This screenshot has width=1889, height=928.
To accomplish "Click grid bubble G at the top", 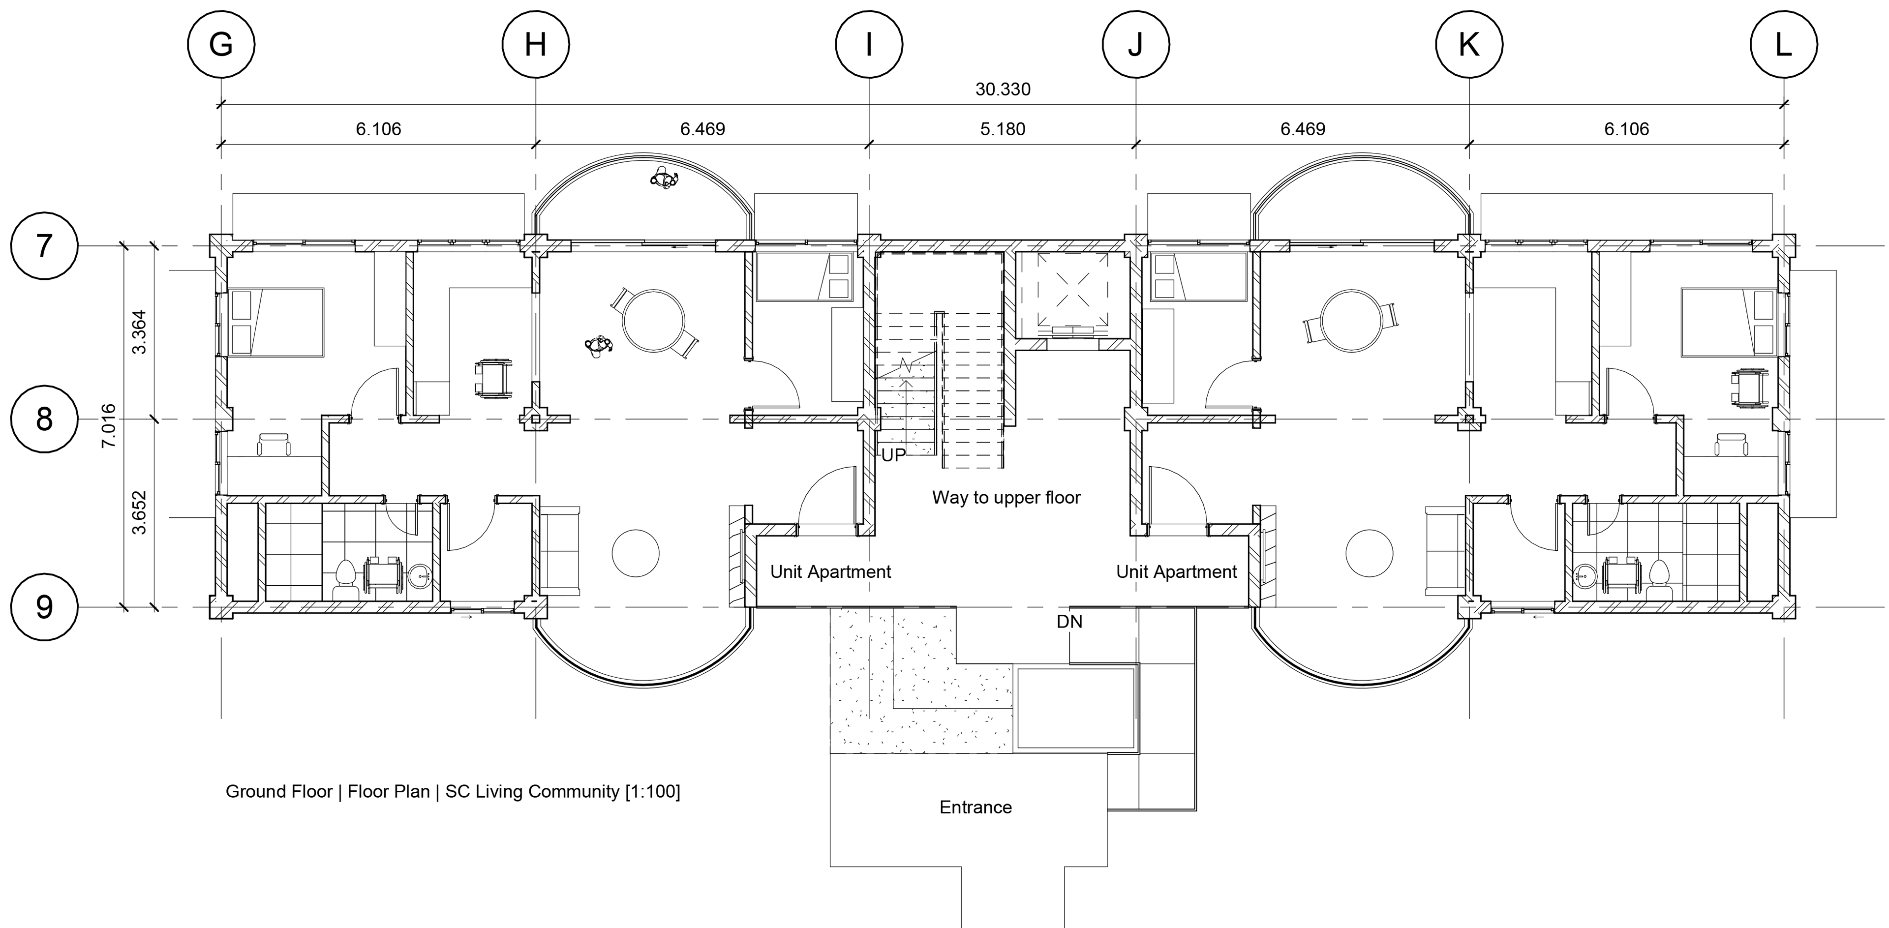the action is tap(221, 45).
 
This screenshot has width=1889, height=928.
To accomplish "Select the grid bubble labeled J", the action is tap(1135, 45).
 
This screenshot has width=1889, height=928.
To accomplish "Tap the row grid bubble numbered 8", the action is tap(44, 419).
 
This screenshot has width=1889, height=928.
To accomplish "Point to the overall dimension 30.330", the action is tap(1003, 90).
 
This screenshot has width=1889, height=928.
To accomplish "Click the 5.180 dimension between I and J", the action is tap(1003, 129).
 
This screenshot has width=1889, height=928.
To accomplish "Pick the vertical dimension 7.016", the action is tap(109, 426).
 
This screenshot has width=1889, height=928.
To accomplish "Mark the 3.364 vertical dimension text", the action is tap(139, 332).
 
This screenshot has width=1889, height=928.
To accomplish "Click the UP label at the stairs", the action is tap(893, 455).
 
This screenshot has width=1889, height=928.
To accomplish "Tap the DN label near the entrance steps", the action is tap(1069, 622).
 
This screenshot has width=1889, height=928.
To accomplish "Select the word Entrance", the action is tap(975, 807).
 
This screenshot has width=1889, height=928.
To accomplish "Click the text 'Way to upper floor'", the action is tap(1006, 498).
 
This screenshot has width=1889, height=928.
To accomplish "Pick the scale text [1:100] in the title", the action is tap(652, 792).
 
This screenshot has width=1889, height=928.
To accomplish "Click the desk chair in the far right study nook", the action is tap(1730, 445).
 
